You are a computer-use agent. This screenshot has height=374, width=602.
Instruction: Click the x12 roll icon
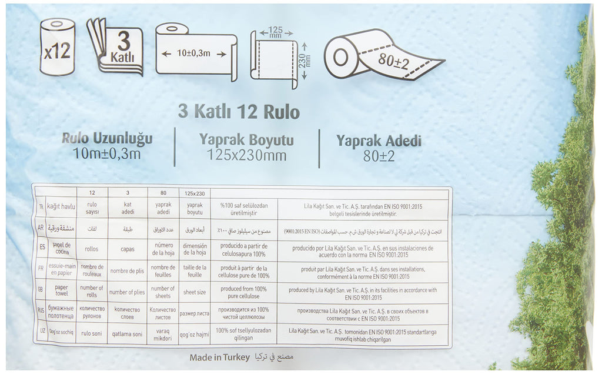pyautogui.click(x=57, y=48)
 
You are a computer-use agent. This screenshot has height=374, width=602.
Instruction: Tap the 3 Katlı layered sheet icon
pyautogui.click(x=116, y=48)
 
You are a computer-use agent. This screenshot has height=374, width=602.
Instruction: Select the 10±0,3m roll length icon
pyautogui.click(x=196, y=52)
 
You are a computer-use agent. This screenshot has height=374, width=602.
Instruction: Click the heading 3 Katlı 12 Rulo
pyautogui.click(x=239, y=112)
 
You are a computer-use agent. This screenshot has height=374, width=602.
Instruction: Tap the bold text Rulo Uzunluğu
pyautogui.click(x=107, y=139)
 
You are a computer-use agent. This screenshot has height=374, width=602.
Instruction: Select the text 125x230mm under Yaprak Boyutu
pyautogui.click(x=246, y=155)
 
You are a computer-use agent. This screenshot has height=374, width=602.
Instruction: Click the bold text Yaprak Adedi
pyautogui.click(x=379, y=141)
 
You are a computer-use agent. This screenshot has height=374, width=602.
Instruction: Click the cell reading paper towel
pyautogui.click(x=62, y=291)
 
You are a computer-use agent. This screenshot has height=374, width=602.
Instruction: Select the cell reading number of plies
pyautogui.click(x=126, y=292)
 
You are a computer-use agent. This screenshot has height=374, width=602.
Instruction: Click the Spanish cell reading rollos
pyautogui.click(x=92, y=249)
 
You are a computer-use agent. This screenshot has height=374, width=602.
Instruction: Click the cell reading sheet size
pyautogui.click(x=194, y=292)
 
